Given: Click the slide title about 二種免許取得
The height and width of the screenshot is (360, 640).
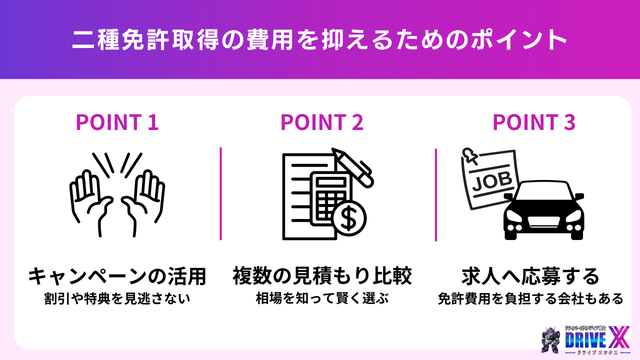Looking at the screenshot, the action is (x=320, y=41).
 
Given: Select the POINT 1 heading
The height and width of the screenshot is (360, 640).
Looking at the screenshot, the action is (x=118, y=123).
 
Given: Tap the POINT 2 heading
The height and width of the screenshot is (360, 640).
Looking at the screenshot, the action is (x=322, y=123).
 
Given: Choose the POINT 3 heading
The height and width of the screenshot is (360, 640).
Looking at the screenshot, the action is (x=533, y=123).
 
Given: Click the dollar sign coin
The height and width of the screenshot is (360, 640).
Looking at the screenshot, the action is (x=349, y=215).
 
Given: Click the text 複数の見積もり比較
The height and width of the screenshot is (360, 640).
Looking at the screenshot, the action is (x=322, y=275).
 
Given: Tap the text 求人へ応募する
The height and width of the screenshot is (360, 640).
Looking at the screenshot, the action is (x=531, y=275).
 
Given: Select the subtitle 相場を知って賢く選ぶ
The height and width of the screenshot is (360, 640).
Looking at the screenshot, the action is (x=322, y=298).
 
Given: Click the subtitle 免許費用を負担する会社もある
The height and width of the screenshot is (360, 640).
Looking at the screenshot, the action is (x=531, y=298).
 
